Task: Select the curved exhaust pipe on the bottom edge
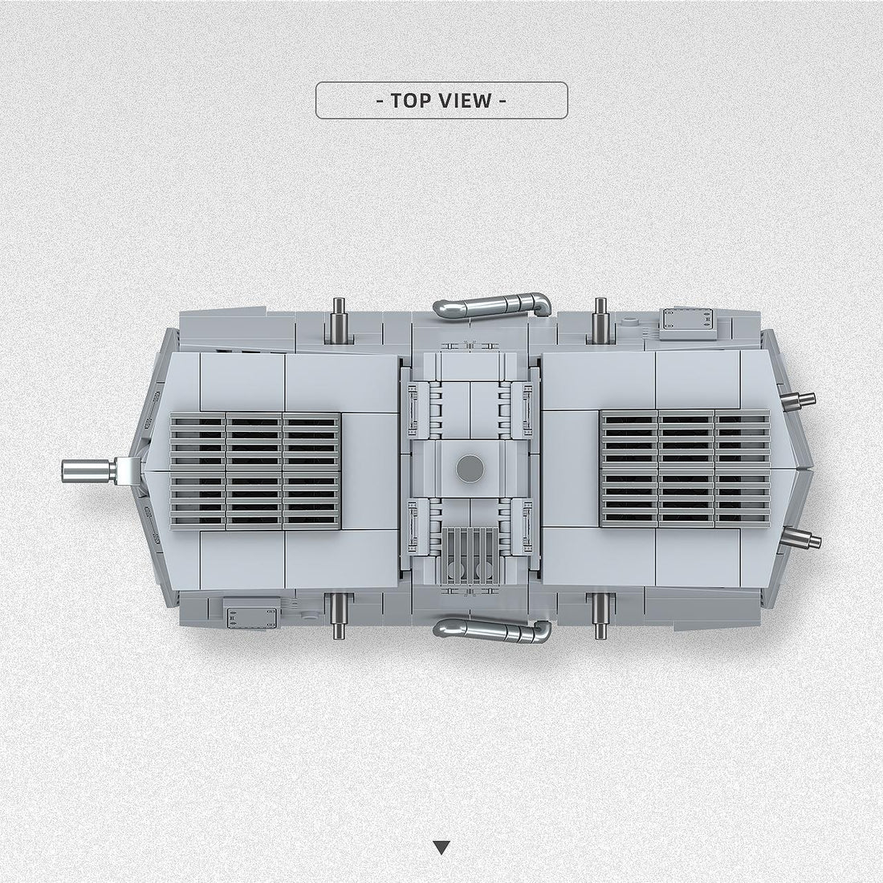[492, 630]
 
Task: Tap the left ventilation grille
[255, 470]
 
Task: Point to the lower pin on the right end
[800, 538]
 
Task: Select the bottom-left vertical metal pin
[338, 617]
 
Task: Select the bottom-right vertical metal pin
[600, 616]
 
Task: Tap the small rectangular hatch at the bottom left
[251, 614]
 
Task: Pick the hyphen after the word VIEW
[503, 100]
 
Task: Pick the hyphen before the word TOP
[380, 100]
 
